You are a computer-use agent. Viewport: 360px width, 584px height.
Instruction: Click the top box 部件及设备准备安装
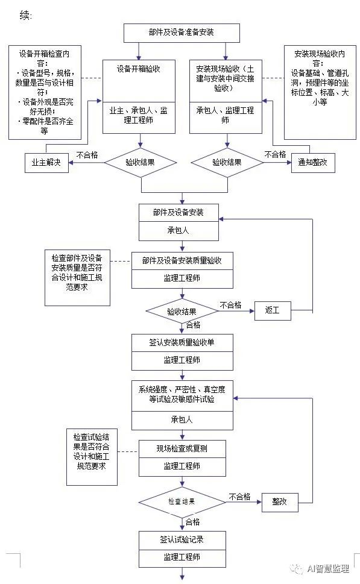pos(182,33)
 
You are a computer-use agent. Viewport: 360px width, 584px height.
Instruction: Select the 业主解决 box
pos(46,163)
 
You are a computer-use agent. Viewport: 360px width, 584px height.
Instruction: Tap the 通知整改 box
pos(313,163)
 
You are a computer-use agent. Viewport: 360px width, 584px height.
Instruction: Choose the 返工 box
pos(273,310)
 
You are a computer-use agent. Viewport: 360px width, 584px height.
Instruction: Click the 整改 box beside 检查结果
pos(280,501)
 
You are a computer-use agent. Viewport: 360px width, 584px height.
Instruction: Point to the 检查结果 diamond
pos(182,501)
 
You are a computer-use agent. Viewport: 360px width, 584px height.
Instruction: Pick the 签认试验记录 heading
pos(182,539)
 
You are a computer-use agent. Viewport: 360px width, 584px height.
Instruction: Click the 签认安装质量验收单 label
pos(182,343)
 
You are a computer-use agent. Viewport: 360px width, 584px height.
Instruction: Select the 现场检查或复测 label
pos(182,449)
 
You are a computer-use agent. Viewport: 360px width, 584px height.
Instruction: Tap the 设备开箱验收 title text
pos(139,69)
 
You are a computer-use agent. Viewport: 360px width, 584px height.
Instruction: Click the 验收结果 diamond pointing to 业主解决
pos(140,163)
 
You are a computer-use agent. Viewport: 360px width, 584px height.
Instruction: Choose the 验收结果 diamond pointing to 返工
pos(182,312)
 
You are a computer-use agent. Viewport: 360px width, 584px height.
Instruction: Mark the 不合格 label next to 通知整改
pos(275,154)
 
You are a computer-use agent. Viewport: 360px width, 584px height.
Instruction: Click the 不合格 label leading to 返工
pos(231,306)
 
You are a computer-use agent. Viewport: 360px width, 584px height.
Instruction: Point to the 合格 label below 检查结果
pos(193,522)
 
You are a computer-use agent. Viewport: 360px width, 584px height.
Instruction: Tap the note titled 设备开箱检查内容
pos(45,92)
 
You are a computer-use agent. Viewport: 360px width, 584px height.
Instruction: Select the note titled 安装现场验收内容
pos(320,92)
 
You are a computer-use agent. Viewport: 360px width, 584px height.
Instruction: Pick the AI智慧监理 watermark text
pos(328,568)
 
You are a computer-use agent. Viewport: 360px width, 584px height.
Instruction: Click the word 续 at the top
pos(25,15)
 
